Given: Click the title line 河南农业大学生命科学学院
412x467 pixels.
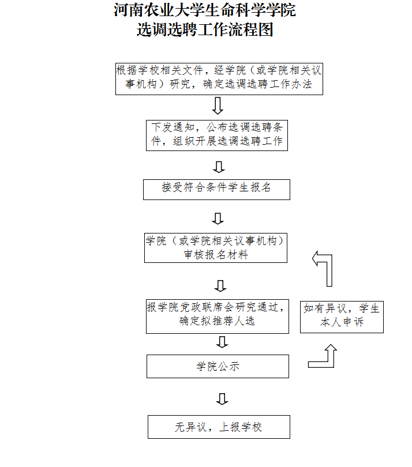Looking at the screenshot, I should (205, 10).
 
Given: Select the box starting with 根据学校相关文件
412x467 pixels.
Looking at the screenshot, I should (219, 78).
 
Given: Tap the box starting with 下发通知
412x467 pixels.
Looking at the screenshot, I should (217, 134).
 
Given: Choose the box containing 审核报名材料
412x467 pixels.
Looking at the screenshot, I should (216, 248).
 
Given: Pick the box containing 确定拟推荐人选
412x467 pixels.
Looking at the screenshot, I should (217, 315).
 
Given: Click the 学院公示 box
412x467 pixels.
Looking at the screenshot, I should (218, 366).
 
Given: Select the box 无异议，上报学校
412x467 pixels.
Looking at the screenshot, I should (219, 427).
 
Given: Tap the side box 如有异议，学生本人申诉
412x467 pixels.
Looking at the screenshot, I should (342, 316).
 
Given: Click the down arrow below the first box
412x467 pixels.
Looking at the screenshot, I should (218, 106).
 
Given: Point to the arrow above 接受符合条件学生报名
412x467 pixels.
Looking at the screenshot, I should (218, 167).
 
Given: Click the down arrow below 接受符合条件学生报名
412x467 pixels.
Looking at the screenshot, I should (218, 218).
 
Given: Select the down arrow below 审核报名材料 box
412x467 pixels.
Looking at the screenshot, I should (220, 285).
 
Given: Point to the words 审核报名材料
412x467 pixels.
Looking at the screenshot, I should (216, 254).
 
